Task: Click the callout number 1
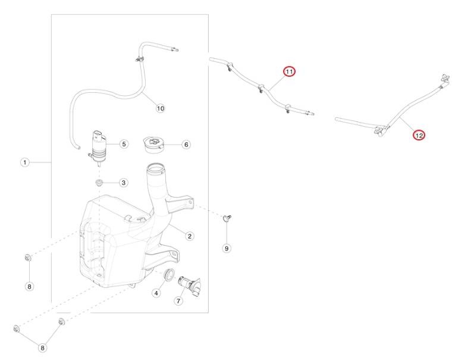[25, 162]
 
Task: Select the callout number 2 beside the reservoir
[190, 236]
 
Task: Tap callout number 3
[124, 183]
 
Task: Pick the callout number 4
[156, 293]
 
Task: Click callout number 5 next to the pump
[124, 144]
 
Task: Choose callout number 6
[186, 144]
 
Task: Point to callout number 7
[178, 300]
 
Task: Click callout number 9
[227, 248]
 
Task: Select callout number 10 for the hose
[160, 108]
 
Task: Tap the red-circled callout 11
[289, 71]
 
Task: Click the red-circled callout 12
[419, 135]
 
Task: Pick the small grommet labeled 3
[99, 183]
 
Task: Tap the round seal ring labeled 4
[169, 275]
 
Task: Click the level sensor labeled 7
[190, 286]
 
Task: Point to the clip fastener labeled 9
[227, 218]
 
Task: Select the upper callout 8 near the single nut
[29, 287]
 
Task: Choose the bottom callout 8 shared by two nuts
[42, 348]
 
